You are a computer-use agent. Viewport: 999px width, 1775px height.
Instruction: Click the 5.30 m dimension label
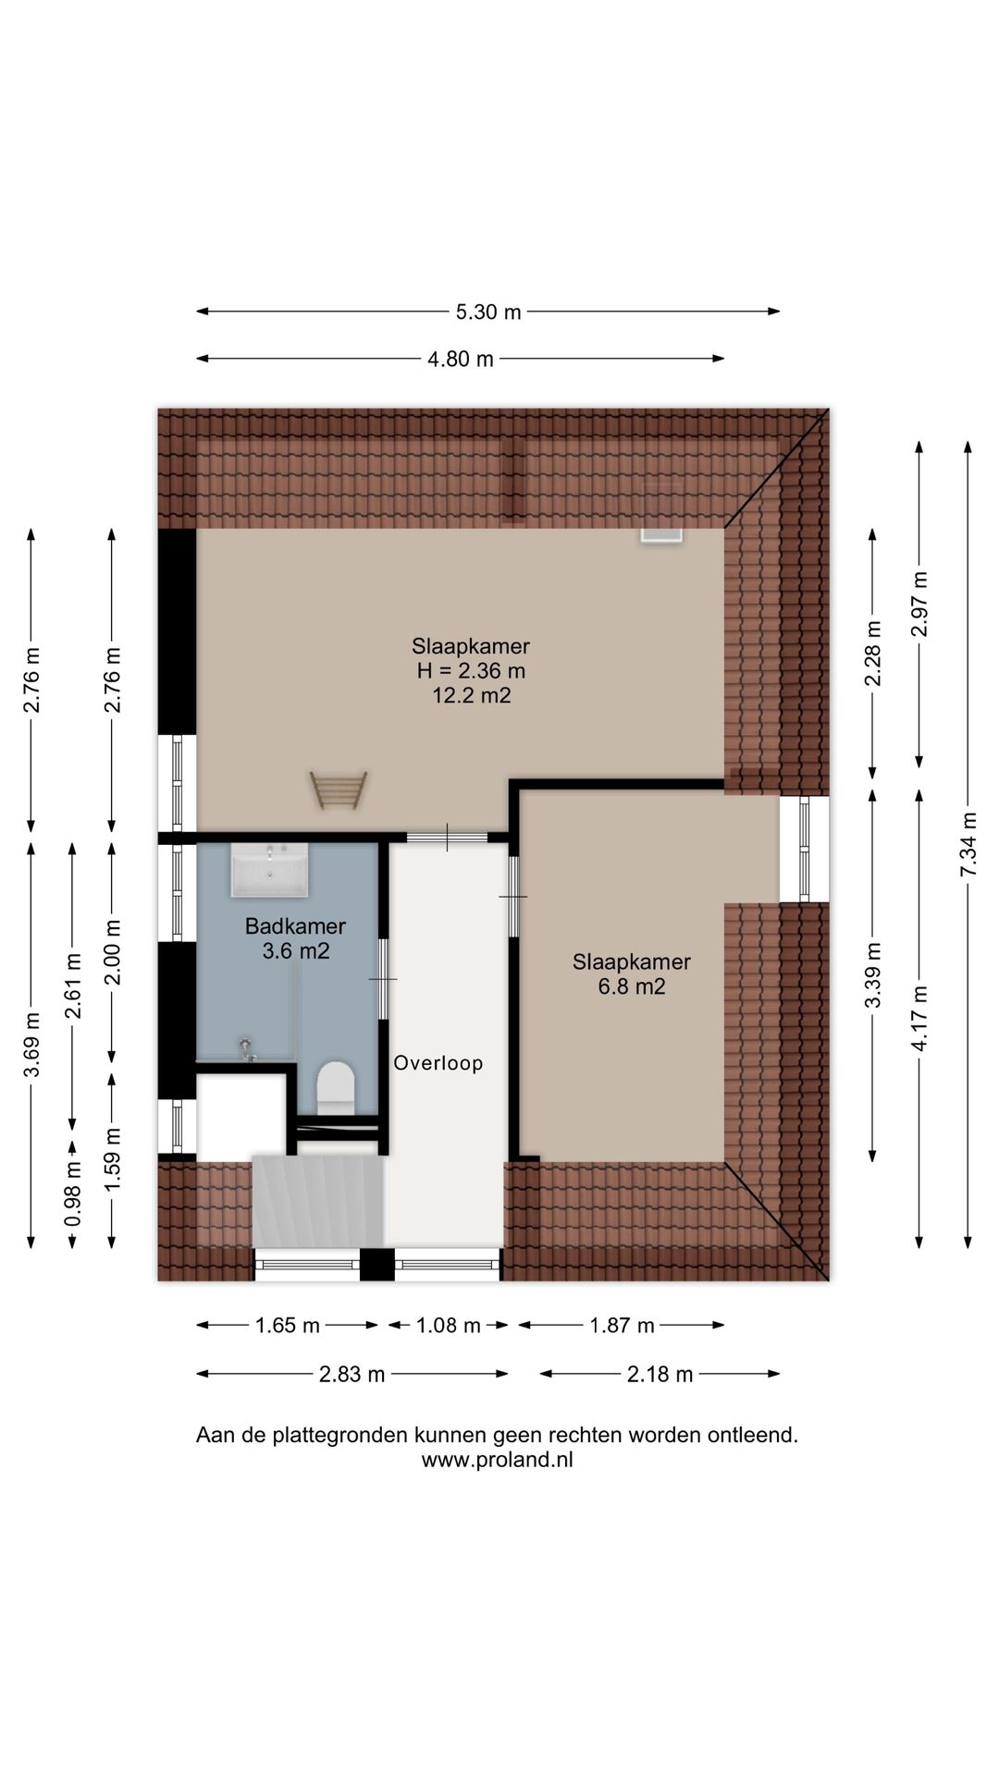pos(488,312)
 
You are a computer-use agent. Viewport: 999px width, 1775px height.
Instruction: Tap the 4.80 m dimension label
pos(461,360)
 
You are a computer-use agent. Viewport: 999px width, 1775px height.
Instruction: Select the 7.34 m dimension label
pos(968,845)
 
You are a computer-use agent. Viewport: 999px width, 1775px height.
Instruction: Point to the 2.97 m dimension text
pos(919,605)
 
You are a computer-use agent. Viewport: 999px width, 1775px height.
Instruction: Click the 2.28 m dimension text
pos(872,653)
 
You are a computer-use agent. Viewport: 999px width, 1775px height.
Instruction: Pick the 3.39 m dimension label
pos(872,976)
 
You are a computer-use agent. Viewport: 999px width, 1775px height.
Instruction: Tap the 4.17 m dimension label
pos(919,1019)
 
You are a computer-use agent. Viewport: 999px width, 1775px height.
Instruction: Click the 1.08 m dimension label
pos(449,1326)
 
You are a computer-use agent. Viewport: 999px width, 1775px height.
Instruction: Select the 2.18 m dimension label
pos(660,1375)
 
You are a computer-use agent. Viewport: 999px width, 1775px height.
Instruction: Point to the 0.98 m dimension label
pos(73,1194)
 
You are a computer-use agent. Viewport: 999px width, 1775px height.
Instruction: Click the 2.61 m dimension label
pos(73,985)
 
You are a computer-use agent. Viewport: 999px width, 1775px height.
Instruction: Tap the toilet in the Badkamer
pos(336,1087)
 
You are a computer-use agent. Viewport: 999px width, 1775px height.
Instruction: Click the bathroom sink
pos(269,870)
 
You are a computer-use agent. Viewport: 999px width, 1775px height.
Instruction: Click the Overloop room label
pos(438,1063)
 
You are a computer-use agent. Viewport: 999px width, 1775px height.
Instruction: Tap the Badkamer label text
pos(295,926)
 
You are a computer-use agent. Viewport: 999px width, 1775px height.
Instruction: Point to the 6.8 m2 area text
pos(632,986)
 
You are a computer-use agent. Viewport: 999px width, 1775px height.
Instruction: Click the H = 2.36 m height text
pos(472,671)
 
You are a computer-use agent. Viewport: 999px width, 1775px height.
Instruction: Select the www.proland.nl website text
pos(498,1461)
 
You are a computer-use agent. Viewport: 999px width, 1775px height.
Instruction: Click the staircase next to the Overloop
pos(318,1201)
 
